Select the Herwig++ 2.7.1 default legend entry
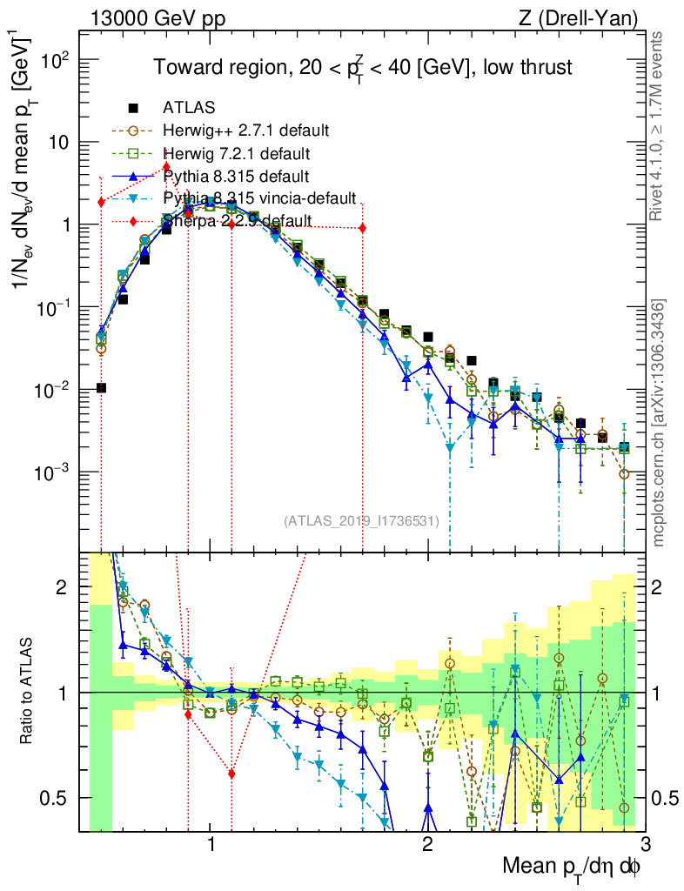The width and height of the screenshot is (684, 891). click(x=245, y=131)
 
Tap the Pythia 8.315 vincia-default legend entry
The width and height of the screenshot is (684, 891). click(x=259, y=198)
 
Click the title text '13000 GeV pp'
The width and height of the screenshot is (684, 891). click(x=157, y=17)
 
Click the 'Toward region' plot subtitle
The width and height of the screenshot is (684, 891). click(x=363, y=68)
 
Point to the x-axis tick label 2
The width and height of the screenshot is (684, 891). click(x=427, y=845)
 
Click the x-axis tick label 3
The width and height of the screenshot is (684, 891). click(x=643, y=845)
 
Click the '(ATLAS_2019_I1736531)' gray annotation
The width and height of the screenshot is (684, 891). click(x=360, y=521)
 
